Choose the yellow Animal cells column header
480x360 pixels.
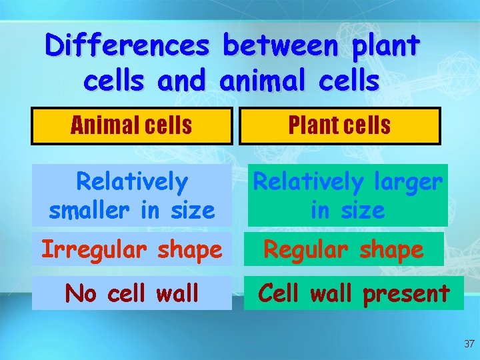tap(132, 125)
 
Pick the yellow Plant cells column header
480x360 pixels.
tap(340, 125)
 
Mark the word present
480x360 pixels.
tap(406, 293)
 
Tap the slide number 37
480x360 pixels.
tap(469, 344)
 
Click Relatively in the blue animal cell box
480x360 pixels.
tap(132, 181)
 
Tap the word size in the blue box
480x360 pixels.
tap(190, 211)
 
